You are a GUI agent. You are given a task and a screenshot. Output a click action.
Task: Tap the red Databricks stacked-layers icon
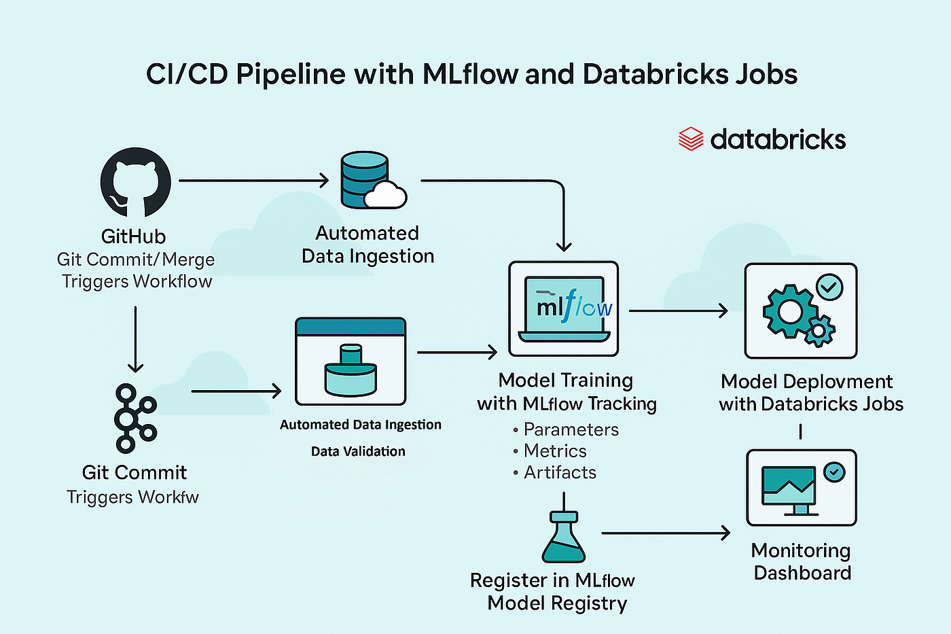tap(691, 139)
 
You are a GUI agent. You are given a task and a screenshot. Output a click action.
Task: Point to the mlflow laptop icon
tap(564, 309)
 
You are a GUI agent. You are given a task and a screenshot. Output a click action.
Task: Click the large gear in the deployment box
tap(789, 311)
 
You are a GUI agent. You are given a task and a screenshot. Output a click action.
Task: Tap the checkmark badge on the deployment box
tap(829, 287)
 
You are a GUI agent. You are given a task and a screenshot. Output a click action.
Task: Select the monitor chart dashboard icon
tap(789, 491)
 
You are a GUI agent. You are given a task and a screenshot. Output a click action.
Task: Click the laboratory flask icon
tap(563, 537)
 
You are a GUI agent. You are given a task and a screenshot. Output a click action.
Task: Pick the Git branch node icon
tap(135, 419)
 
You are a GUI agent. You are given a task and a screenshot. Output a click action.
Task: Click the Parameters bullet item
tap(566, 429)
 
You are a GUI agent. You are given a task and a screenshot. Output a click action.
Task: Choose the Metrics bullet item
tap(550, 451)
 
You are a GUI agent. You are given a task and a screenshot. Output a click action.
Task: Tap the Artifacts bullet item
tap(554, 473)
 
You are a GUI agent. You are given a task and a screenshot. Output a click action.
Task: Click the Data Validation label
tap(359, 451)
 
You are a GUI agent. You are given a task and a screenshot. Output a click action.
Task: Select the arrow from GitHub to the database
tap(253, 181)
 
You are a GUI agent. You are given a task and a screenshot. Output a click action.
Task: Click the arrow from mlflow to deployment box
tap(678, 311)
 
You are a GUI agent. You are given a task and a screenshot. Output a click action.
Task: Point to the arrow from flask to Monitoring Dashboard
tap(666, 533)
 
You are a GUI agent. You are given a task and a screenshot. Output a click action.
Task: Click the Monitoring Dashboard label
tap(802, 562)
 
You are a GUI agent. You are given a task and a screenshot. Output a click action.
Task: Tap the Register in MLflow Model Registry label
tap(553, 592)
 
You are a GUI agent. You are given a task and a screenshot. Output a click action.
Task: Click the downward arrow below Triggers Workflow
tap(135, 339)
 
